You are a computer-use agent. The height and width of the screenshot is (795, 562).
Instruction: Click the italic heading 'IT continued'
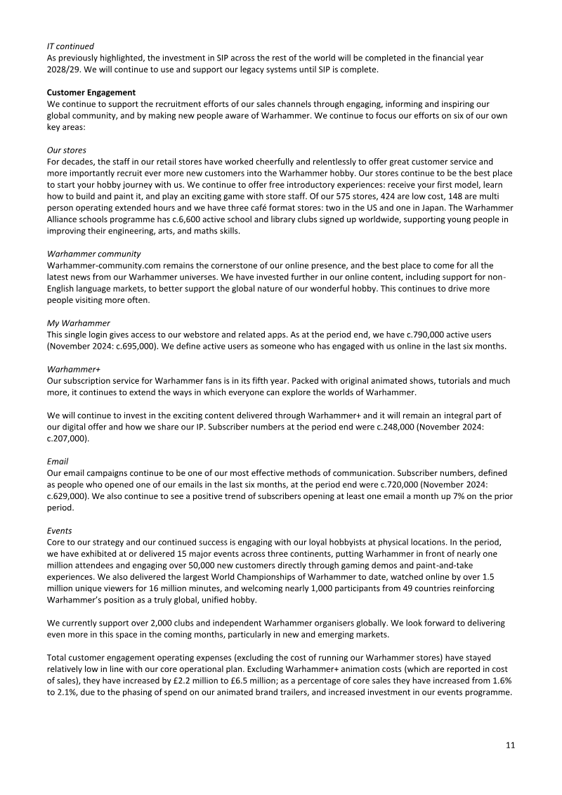pyautogui.click(x=70, y=45)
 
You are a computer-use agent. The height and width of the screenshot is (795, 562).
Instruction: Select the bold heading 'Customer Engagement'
pyautogui.click(x=91, y=93)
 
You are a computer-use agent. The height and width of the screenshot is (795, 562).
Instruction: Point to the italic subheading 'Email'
pyautogui.click(x=58, y=461)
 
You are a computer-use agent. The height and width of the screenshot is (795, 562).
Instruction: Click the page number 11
pyautogui.click(x=511, y=746)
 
